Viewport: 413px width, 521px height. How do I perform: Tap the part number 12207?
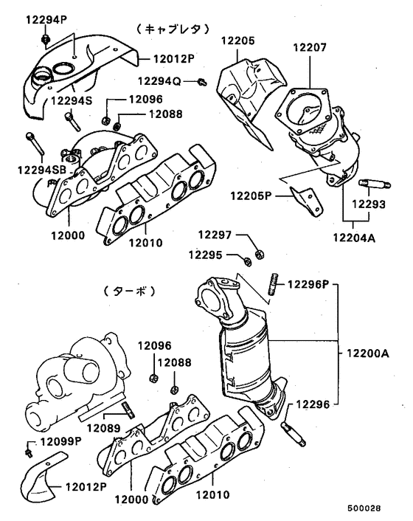309,47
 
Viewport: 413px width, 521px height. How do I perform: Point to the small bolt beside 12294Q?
201,81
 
